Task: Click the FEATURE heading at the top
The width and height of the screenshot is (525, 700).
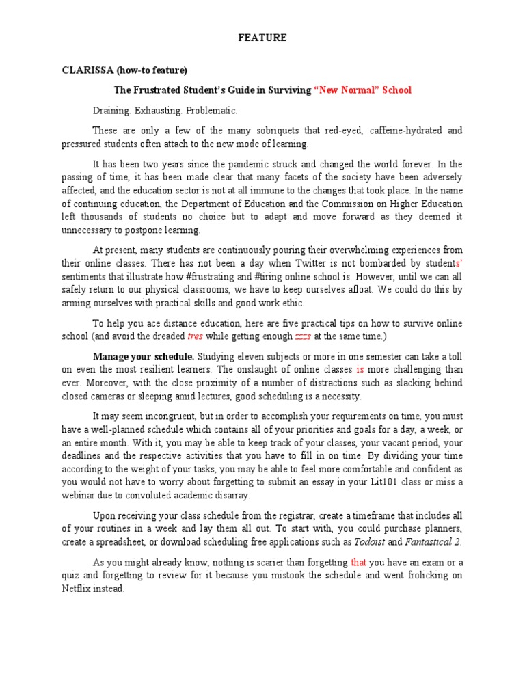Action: [x=262, y=38]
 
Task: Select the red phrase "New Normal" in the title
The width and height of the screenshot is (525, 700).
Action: [x=347, y=90]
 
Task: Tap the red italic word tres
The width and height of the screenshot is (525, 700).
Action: [x=195, y=336]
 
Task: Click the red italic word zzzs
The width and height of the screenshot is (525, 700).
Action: [x=302, y=336]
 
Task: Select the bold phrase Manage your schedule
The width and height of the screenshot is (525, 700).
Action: [x=144, y=356]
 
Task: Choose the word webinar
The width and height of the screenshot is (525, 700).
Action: [x=78, y=495]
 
